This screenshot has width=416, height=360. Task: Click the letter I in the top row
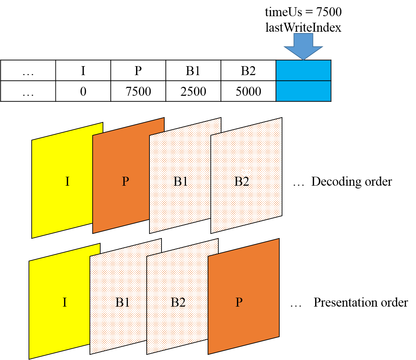point(67,182)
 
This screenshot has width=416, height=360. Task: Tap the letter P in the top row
point(125,182)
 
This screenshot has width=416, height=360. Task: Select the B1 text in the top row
point(180,182)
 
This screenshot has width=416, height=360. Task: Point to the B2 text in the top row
point(242,182)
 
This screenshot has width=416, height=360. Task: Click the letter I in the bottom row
point(65,302)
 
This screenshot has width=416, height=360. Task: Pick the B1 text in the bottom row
point(123,302)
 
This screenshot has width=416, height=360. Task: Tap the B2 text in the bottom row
point(178,302)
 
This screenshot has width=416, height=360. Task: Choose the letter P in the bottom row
point(239,302)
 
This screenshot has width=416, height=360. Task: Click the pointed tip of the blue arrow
point(303,59)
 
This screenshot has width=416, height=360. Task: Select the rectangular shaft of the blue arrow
point(303,40)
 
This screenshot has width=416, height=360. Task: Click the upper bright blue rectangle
point(303,70)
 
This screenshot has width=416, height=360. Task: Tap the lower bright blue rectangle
point(303,91)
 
